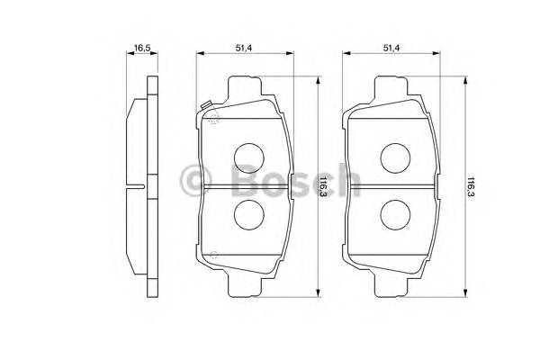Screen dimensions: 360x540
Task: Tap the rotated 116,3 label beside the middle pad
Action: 321,187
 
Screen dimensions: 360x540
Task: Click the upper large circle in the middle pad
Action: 247,157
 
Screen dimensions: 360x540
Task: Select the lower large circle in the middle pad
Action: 247,213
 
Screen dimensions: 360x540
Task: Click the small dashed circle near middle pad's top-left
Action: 213,121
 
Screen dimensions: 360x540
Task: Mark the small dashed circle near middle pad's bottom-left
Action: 214,255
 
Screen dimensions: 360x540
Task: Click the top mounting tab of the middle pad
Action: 247,88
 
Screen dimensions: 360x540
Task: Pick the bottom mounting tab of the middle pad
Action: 247,285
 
